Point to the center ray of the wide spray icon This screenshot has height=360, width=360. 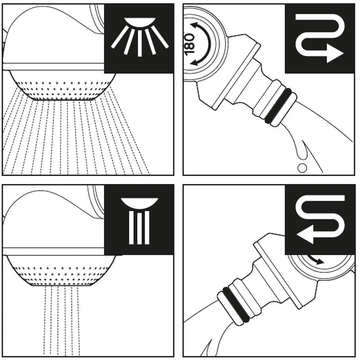pyautogui.click(x=139, y=42)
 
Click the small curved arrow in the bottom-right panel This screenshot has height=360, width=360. pyautogui.click(x=315, y=260)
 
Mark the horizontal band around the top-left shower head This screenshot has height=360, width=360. pyautogui.click(x=53, y=67)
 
